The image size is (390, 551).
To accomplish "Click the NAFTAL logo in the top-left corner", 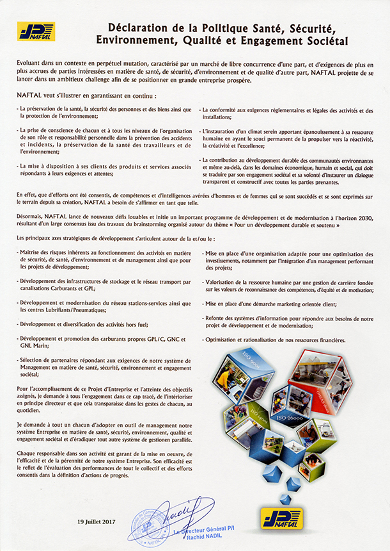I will pos(36,31).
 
